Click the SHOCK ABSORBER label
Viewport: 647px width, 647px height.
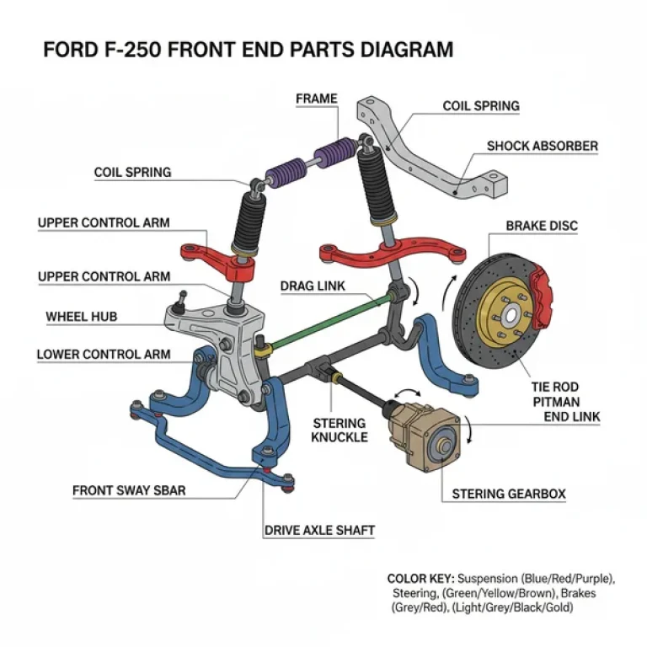(543, 146)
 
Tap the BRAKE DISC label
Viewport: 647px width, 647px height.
(542, 227)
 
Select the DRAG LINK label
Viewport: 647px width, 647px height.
(313, 286)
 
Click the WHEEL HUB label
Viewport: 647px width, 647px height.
(81, 317)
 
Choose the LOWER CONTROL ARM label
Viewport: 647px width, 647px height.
(103, 354)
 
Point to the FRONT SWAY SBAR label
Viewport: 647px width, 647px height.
(129, 489)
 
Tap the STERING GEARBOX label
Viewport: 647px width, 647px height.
(509, 494)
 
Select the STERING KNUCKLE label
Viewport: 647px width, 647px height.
(339, 430)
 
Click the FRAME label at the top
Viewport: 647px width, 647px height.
(316, 99)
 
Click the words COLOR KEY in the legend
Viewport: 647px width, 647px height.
(420, 579)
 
